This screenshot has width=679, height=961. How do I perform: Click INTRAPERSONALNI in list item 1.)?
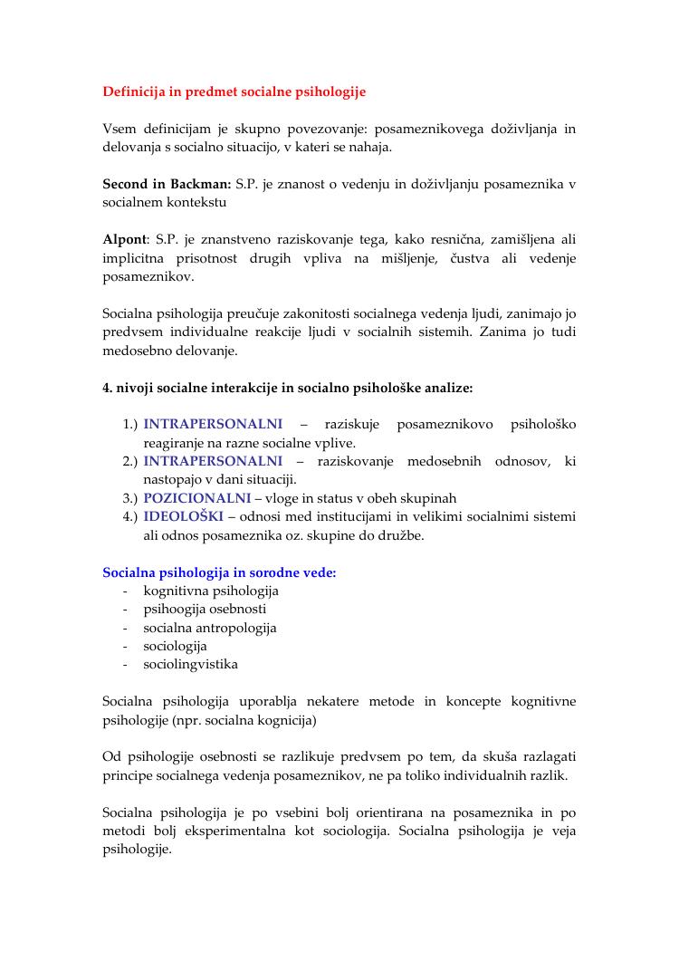click(213, 424)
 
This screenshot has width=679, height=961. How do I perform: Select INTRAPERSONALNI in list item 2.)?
click(213, 461)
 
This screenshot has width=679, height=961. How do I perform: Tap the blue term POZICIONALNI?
click(196, 498)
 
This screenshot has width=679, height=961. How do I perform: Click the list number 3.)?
click(129, 498)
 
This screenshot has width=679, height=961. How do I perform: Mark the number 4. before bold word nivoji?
click(108, 388)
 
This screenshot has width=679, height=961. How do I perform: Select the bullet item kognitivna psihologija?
click(211, 591)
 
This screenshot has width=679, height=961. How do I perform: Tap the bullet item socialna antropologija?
click(210, 628)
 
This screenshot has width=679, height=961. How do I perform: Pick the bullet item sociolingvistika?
click(191, 664)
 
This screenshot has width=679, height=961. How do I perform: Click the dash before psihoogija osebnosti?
click(124, 610)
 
